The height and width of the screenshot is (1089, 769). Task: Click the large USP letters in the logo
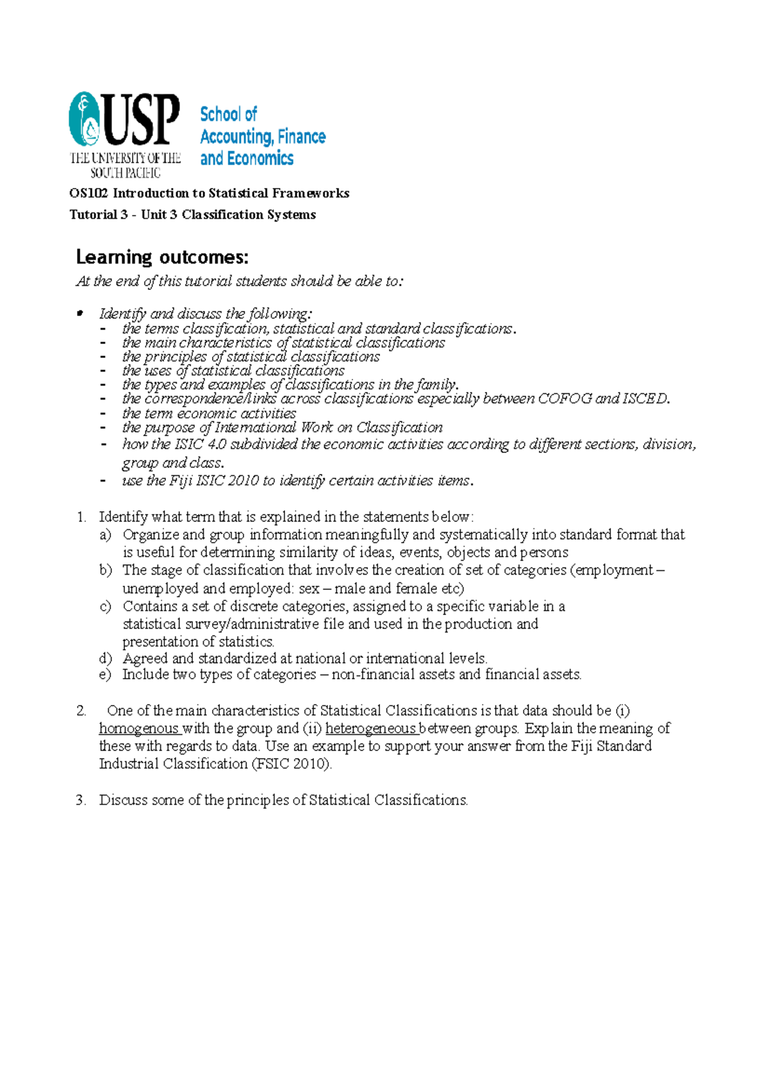coord(141,120)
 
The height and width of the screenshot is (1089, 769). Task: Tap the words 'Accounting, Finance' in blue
coord(263,137)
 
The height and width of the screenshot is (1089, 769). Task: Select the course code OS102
coord(88,193)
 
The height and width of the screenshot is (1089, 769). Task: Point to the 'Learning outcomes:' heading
coord(161,257)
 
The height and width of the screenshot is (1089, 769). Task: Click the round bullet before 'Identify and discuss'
coord(80,314)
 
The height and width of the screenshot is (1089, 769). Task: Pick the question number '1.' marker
coord(81,518)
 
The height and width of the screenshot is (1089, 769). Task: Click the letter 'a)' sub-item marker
coord(106,535)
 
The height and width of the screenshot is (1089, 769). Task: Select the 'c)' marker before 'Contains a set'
coord(106,607)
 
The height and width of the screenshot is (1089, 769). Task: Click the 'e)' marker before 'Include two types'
coord(106,675)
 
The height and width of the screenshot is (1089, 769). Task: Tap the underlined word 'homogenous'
coord(138,729)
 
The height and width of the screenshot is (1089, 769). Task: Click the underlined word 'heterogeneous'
coord(370,729)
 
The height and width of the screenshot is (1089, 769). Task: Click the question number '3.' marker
coord(81,800)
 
